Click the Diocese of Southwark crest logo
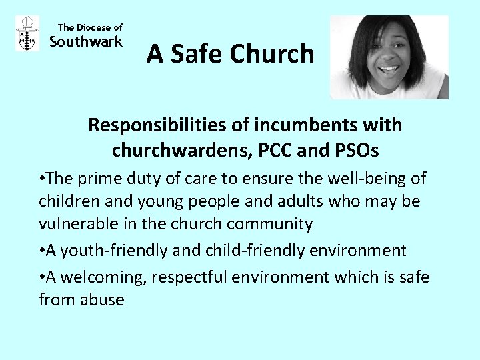pos(27,34)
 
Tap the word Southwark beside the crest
pos(87,42)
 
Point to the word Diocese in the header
pos(93,27)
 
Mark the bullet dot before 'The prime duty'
pos(42,179)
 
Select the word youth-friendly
pos(110,251)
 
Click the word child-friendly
pos(241,251)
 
